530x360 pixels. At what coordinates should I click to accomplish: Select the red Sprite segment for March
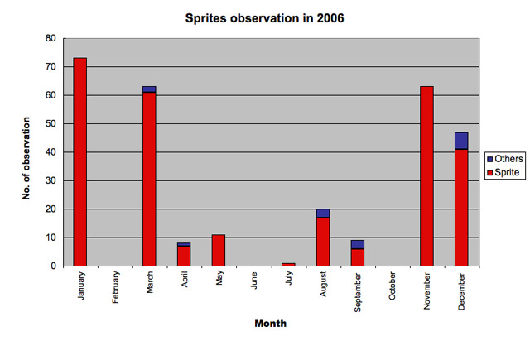(149, 179)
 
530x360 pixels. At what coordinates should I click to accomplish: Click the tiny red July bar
(288, 264)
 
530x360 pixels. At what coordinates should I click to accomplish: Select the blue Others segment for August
(323, 214)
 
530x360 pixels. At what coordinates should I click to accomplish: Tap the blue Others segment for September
(358, 244)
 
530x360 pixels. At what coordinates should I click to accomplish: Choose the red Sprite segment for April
(184, 256)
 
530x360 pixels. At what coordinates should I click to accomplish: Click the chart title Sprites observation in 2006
(265, 17)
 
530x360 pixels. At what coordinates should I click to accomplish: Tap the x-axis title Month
(270, 324)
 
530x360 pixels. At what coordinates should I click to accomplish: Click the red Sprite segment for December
(461, 207)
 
